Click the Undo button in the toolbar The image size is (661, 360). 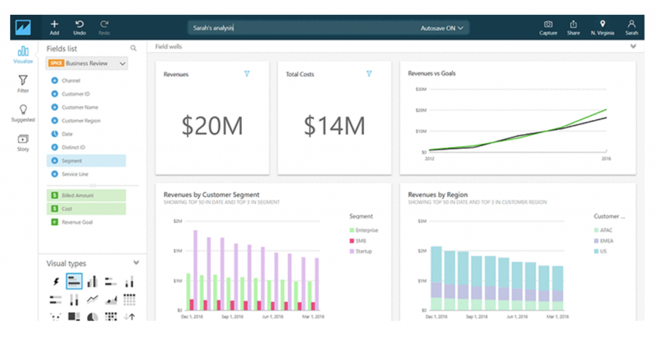pyautogui.click(x=79, y=27)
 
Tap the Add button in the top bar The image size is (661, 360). pyautogui.click(x=54, y=27)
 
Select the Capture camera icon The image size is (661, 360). pyautogui.click(x=548, y=27)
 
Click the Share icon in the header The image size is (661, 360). pyautogui.click(x=573, y=27)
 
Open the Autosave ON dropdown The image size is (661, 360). pyautogui.click(x=442, y=28)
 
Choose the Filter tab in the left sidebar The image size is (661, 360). pyautogui.click(x=23, y=84)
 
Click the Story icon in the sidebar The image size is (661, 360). pyautogui.click(x=23, y=142)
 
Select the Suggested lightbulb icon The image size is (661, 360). pyautogui.click(x=23, y=113)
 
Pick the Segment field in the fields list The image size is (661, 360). pyautogui.click(x=72, y=161)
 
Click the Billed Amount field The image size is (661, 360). pyautogui.click(x=77, y=195)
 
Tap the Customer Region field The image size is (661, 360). pyautogui.click(x=81, y=121)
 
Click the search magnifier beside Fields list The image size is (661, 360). pyautogui.click(x=134, y=48)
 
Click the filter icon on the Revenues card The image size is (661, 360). pyautogui.click(x=247, y=74)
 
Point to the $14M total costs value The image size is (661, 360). pyautogui.click(x=334, y=126)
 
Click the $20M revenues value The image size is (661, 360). pyautogui.click(x=212, y=126)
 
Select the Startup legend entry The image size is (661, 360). pyautogui.click(x=363, y=251)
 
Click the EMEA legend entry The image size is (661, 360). pyautogui.click(x=605, y=241)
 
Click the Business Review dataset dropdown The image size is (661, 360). pyautogui.click(x=86, y=63)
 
